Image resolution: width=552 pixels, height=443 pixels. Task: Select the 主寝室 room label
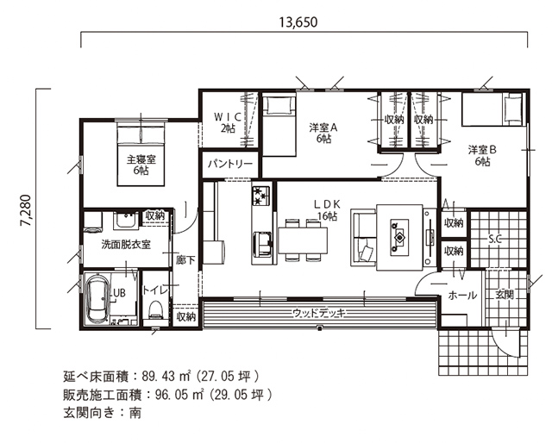tap(141, 165)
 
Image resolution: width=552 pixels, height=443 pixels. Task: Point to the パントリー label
tap(230, 163)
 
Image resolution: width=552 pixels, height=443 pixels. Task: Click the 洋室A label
tap(323, 133)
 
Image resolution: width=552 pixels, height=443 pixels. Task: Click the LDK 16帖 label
tap(328, 209)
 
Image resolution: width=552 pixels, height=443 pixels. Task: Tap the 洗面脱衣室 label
tap(125, 244)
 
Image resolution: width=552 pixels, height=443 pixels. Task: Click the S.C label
tap(496, 239)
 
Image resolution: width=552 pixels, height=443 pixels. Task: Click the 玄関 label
tap(504, 294)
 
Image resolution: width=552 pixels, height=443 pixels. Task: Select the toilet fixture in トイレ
tap(156, 309)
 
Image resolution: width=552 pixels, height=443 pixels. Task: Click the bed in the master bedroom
tap(141, 152)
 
